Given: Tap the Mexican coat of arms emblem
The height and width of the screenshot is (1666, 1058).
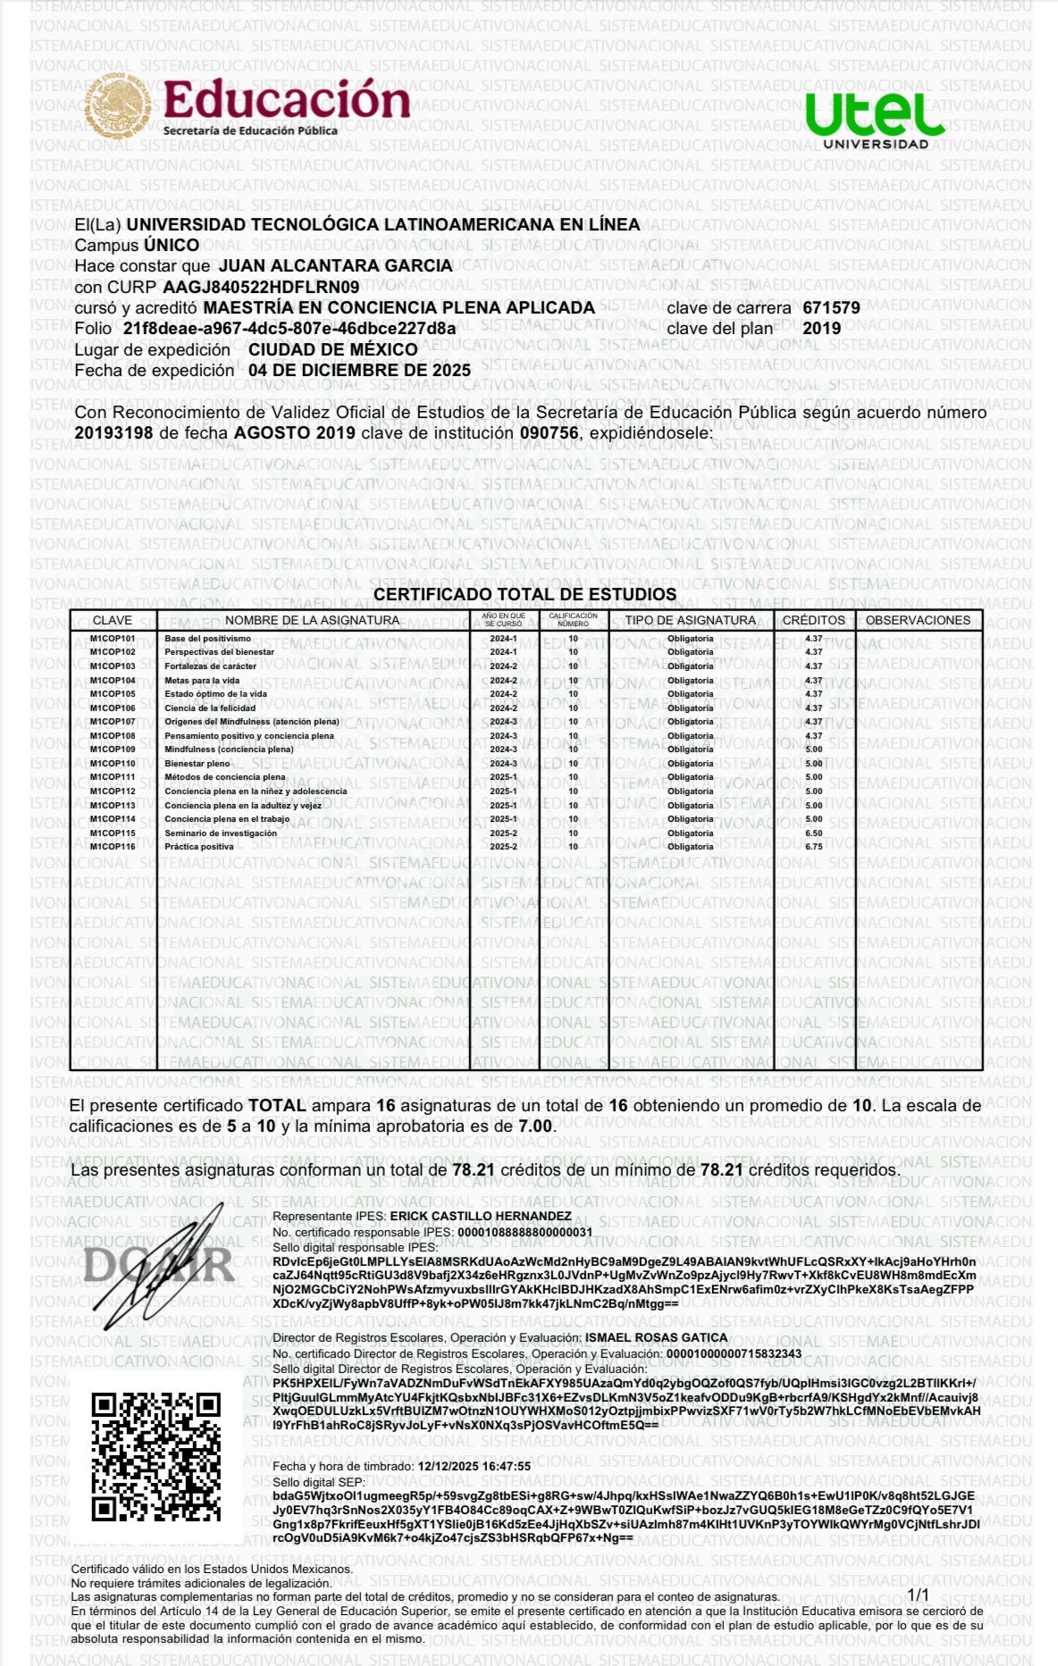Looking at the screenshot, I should click(x=118, y=105).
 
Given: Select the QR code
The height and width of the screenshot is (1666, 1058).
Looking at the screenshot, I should click(x=155, y=1456).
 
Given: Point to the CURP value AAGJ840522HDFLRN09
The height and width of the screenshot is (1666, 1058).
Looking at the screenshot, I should click(x=261, y=287).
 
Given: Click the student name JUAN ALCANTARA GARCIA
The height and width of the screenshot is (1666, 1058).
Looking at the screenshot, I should click(x=335, y=266).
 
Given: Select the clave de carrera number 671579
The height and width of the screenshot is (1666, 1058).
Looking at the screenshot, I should click(x=831, y=308).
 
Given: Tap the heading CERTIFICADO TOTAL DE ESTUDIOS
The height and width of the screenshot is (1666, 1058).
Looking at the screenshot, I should click(x=525, y=594).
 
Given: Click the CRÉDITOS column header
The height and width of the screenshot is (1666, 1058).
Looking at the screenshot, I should click(x=813, y=620).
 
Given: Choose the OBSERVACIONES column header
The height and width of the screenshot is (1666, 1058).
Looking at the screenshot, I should click(x=918, y=620).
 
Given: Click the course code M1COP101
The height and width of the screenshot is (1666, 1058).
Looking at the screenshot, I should click(x=113, y=639).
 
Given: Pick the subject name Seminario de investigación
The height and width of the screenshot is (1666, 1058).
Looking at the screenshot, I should click(x=220, y=833).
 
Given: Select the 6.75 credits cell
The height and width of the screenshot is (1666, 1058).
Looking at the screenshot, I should click(x=813, y=847).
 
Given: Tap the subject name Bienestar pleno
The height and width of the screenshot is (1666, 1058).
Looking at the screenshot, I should click(x=197, y=764).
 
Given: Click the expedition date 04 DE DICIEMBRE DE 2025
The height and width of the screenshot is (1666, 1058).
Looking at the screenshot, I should click(x=359, y=370).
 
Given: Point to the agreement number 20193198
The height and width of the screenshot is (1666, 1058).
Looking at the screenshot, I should click(x=113, y=433).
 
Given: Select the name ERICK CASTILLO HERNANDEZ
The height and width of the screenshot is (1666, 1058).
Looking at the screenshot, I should click(x=481, y=1216).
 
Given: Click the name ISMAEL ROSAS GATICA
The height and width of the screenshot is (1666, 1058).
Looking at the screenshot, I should click(x=656, y=1337).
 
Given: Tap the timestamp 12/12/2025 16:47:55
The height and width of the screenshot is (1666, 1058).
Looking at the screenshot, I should click(x=474, y=1466).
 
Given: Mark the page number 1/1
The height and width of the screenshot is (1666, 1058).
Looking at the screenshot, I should click(x=918, y=1595).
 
